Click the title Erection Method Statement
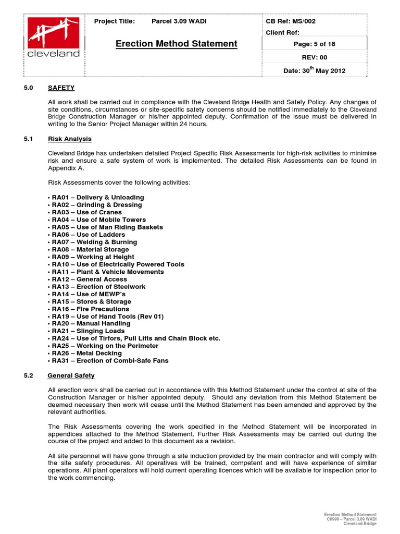click(176, 44)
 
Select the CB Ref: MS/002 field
click(291, 21)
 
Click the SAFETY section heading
click(61, 88)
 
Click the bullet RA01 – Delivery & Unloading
click(97, 198)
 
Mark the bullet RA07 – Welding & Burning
click(94, 242)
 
